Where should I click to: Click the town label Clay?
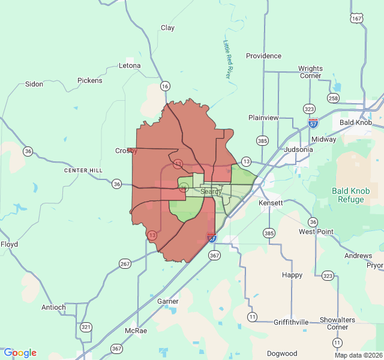[167, 28]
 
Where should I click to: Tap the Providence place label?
[263, 56]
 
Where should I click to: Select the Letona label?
[130, 65]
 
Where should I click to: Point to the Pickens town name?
[90, 80]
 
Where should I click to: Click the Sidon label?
[34, 84]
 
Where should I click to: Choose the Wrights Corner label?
[310, 72]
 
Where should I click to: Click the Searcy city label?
[211, 191]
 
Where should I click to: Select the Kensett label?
[271, 204]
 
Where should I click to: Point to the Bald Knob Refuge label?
[351, 195]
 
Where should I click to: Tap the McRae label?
[136, 331]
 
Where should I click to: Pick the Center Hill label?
[83, 171]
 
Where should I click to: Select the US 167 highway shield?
[357, 19]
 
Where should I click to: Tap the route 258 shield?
[334, 98]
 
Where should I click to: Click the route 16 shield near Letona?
[165, 86]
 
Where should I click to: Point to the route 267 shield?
[125, 263]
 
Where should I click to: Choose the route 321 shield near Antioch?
[86, 327]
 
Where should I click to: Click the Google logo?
[20, 353]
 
